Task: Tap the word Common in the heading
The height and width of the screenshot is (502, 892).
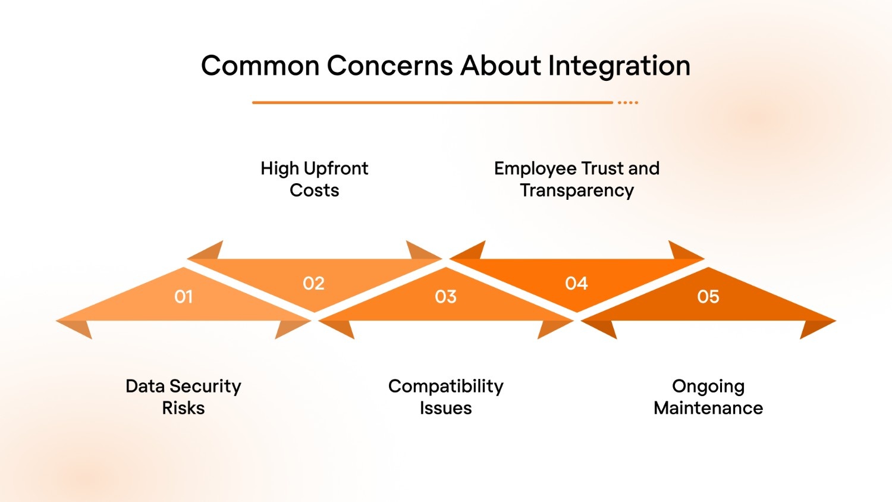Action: [x=260, y=66]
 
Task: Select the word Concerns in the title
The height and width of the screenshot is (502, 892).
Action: [x=390, y=66]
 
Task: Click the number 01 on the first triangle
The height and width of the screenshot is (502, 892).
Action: [x=184, y=296]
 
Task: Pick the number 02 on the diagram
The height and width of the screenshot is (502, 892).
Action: [x=314, y=283]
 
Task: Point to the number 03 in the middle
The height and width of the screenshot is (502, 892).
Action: [x=446, y=296]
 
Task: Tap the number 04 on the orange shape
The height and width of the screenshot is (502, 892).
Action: [x=576, y=283]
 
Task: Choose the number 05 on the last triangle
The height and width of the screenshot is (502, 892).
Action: [x=708, y=296]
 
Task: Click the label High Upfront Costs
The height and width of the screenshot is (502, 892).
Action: [x=315, y=179]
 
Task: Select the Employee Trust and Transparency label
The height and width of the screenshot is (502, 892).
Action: [x=577, y=179]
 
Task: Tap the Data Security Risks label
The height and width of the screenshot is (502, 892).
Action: [x=183, y=397]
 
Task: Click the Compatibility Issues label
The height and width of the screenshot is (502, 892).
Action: [x=446, y=397]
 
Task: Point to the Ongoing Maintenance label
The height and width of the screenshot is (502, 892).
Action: [x=708, y=397]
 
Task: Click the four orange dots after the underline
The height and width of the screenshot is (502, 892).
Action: [x=628, y=102]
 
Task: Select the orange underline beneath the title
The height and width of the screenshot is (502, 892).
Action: [x=432, y=102]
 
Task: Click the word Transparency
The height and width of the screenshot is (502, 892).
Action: [x=577, y=190]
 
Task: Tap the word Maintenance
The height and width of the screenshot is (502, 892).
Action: [x=708, y=408]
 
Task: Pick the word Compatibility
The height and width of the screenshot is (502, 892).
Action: [x=446, y=387]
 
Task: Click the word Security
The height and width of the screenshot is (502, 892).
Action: [x=205, y=387]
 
